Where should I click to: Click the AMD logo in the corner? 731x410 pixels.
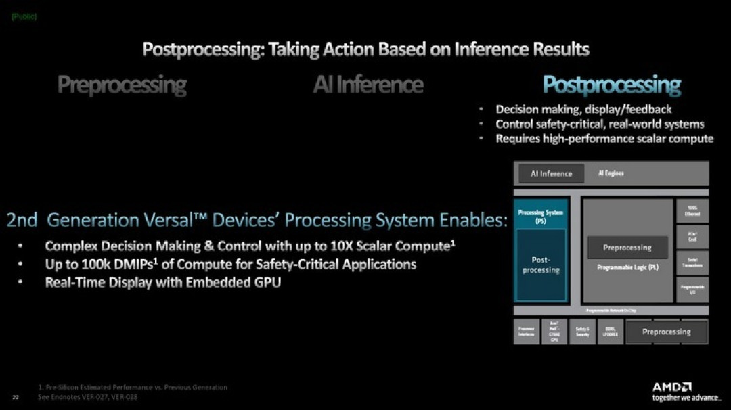(x=671, y=387)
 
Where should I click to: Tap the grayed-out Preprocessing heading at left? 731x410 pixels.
(x=122, y=85)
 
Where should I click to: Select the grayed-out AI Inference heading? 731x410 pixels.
(x=368, y=85)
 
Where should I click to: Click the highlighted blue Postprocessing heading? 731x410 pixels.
(x=611, y=85)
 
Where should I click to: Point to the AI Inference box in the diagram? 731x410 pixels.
(x=551, y=174)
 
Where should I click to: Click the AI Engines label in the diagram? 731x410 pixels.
(x=611, y=174)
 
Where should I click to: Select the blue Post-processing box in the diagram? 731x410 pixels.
(x=541, y=265)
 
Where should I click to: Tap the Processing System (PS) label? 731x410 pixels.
(x=541, y=217)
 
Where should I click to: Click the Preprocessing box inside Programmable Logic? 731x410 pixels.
(x=627, y=248)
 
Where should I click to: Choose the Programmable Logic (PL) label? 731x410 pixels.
(x=627, y=268)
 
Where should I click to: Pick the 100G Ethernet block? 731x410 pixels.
(x=692, y=211)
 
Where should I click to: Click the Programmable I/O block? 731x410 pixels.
(x=692, y=289)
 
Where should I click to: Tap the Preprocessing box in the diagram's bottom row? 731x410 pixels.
(x=666, y=332)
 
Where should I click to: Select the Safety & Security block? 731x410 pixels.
(x=582, y=332)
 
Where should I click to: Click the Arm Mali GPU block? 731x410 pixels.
(x=554, y=332)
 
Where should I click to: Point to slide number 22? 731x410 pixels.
(x=15, y=397)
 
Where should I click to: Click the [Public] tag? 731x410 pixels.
(x=24, y=16)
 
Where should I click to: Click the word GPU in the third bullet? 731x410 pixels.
(x=265, y=283)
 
